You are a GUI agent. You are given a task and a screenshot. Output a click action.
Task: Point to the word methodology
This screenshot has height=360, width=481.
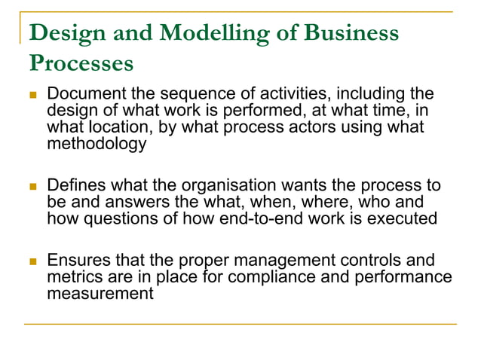97,143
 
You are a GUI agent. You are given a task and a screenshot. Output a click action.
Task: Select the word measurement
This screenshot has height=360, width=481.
100,293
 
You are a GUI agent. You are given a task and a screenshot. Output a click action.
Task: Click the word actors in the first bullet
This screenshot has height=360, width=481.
288,127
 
